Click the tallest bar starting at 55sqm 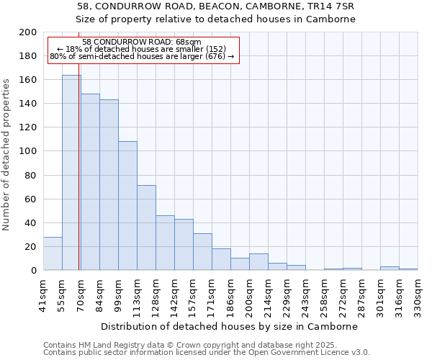coord(71,173)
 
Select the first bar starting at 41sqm coord(53,253)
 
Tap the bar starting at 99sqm coord(127,206)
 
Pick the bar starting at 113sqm coord(146,228)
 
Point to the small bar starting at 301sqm coord(390,269)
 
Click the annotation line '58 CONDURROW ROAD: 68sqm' coord(142,42)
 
